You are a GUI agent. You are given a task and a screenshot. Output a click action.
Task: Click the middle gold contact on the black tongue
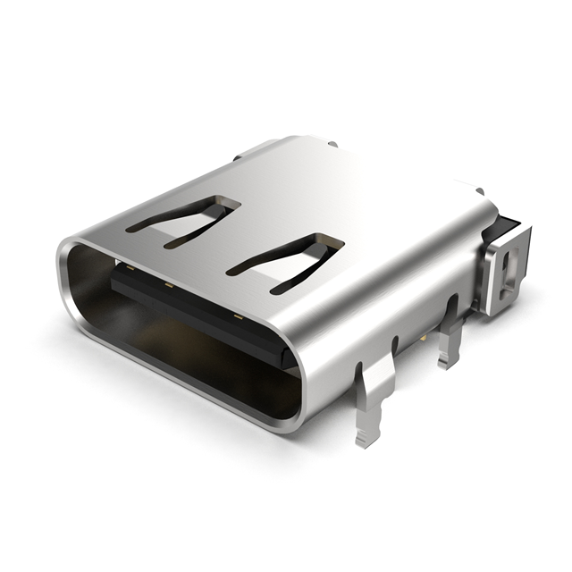(x=167, y=287)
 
